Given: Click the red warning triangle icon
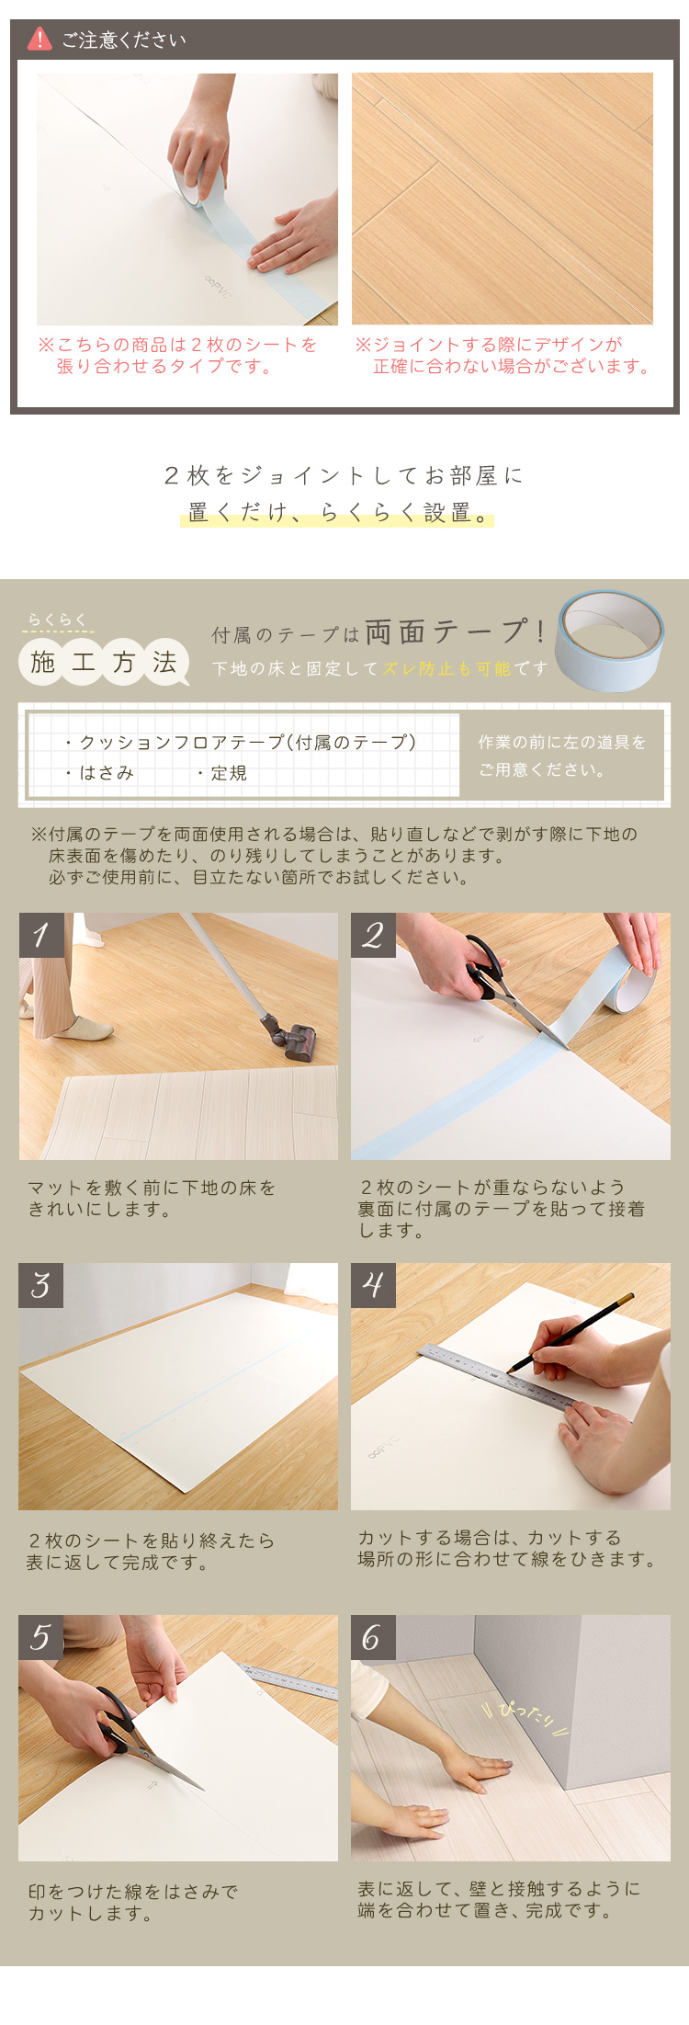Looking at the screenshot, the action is [x=40, y=39].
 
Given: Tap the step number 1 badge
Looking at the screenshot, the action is [x=41, y=935].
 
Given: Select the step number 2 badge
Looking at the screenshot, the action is [x=373, y=935].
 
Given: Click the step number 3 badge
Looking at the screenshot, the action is [x=41, y=1285].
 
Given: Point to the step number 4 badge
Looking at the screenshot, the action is [x=373, y=1285].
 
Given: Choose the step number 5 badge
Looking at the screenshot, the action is [x=41, y=1637].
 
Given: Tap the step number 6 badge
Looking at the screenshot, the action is [x=373, y=1637].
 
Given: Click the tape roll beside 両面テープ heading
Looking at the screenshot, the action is [x=610, y=639].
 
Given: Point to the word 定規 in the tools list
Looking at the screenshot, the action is [x=229, y=773].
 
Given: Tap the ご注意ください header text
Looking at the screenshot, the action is [x=123, y=40].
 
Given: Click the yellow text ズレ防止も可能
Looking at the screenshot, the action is [x=446, y=668].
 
